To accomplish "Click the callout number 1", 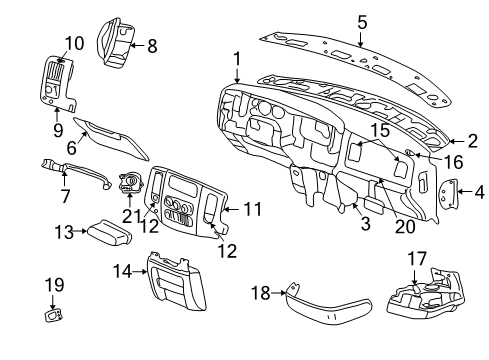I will [x=237, y=59].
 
